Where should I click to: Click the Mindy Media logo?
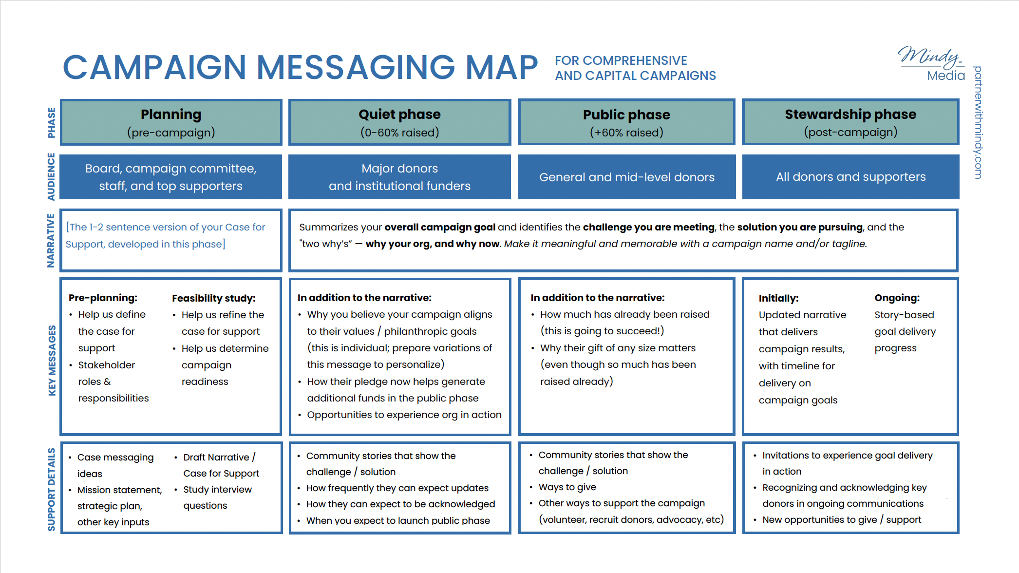point(931,63)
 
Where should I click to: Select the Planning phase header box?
point(171,122)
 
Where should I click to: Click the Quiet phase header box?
point(399,122)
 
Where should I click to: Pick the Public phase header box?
point(626,122)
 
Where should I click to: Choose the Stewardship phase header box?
point(850,122)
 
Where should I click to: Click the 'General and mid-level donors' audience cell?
point(627,177)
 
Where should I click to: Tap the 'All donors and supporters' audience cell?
point(850,177)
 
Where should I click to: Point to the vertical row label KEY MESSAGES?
point(52,360)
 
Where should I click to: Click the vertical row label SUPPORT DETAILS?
point(52,489)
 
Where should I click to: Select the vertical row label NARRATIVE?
point(51,240)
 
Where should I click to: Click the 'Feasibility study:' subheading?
point(214,298)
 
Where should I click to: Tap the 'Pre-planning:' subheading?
point(103,298)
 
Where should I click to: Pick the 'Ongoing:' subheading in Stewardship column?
point(897,298)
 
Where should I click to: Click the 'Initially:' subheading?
point(779,298)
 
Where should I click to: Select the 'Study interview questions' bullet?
point(217,497)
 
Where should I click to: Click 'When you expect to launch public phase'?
point(398,520)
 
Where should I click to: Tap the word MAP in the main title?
point(502,67)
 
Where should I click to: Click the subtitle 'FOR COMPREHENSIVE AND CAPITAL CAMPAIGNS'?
point(635,68)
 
